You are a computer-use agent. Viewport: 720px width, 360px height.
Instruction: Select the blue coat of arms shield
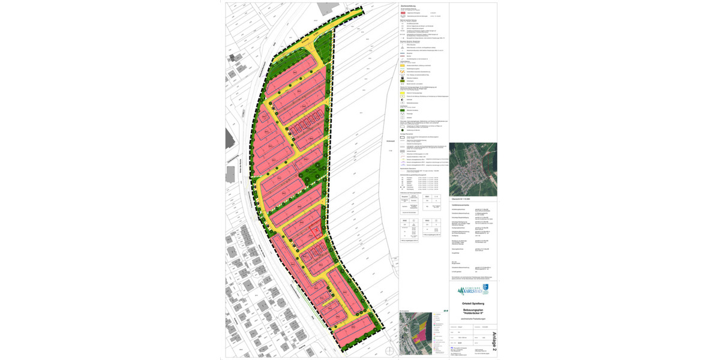(485, 289)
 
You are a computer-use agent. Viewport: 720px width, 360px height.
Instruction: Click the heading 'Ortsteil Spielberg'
(473, 303)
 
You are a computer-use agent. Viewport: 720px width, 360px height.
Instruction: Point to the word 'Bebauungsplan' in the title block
(473, 309)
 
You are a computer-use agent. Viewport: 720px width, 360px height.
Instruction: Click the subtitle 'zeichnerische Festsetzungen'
(473, 318)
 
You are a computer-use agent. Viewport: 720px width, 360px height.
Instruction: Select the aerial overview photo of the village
(473, 169)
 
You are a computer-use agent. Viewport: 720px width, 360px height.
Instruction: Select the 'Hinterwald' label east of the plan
(391, 141)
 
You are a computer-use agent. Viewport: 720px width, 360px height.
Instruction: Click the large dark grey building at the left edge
(229, 137)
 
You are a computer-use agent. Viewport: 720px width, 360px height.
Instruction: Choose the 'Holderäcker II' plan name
(473, 313)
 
